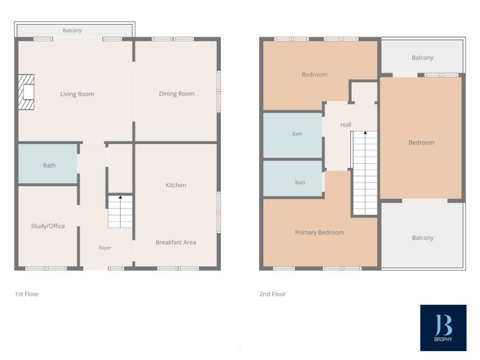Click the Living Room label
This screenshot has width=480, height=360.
coord(77,94)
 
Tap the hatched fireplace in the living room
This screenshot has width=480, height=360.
coord(26,92)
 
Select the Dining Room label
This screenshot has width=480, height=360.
coord(177,94)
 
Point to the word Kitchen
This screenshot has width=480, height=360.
coord(176,185)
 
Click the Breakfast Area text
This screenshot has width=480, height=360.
coord(176,242)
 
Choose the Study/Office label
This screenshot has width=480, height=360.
coord(48,226)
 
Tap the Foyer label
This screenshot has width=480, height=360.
coord(105,248)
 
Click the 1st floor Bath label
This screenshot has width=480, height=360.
coord(49,165)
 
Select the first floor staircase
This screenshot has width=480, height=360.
coord(120,212)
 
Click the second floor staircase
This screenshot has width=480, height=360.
coord(365,173)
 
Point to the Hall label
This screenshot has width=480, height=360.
coord(346,125)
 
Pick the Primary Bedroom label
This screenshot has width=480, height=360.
coord(320,232)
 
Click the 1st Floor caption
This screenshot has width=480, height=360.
coord(27,294)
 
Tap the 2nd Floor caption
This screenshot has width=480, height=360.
coord(272,294)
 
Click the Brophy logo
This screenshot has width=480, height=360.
coord(443,328)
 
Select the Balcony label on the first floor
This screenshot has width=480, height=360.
coord(72,30)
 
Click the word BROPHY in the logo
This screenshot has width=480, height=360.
coord(443,339)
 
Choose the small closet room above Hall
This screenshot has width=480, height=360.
coord(364,92)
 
